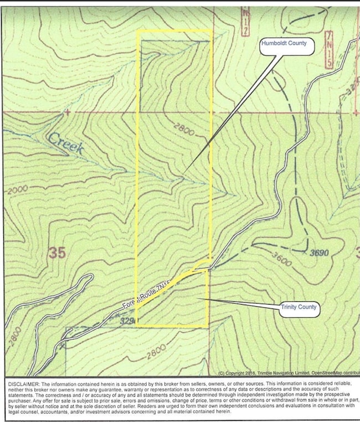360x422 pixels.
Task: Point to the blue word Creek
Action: point(65,143)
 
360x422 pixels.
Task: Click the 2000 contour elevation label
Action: point(16,189)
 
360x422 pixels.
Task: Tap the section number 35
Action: point(57,253)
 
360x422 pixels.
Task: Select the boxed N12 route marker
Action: point(245,22)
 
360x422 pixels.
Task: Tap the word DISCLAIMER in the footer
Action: point(23,383)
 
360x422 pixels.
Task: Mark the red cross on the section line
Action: point(67,112)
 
